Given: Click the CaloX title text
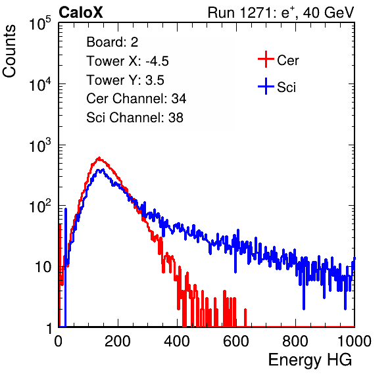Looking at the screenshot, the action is click(81, 12).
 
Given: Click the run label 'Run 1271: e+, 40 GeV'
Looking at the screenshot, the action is click(281, 12).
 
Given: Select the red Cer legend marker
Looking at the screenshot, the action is click(266, 59).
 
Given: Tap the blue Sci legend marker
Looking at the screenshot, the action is click(266, 86).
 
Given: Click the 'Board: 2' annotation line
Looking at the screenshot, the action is click(112, 42).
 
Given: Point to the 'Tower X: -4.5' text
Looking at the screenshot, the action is click(128, 61).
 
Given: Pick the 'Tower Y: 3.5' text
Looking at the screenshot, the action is click(125, 80).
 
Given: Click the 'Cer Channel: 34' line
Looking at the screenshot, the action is click(136, 99).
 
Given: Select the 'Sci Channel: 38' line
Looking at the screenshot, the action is click(135, 118).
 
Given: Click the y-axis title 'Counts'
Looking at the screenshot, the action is click(9, 51).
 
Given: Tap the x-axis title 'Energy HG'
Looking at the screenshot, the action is click(310, 360).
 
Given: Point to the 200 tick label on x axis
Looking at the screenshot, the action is click(118, 341).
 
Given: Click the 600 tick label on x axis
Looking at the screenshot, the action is click(236, 341).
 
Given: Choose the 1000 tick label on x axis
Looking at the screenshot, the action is click(355, 341).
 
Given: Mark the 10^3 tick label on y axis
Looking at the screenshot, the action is click(40, 145).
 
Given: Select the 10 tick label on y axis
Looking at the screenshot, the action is click(43, 268).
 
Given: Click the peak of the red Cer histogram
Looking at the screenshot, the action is click(99, 158).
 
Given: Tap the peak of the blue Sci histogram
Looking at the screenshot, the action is click(102, 170).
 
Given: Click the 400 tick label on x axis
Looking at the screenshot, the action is click(177, 341).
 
